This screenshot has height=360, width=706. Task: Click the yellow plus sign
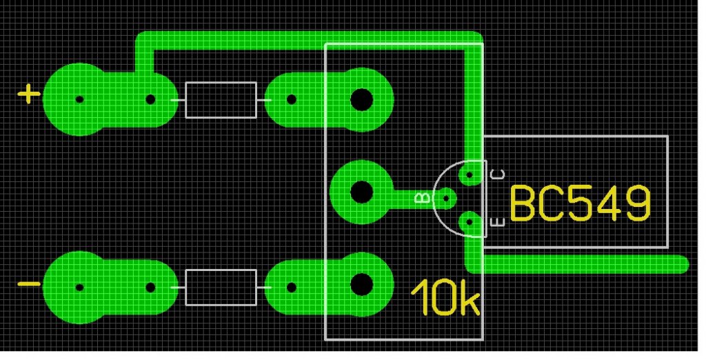pos(29,94)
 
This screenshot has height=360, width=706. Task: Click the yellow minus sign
pos(29,284)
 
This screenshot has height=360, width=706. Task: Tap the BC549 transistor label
pos(581,204)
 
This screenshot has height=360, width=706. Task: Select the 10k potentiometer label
pos(446,297)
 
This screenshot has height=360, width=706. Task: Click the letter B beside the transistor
pos(423,198)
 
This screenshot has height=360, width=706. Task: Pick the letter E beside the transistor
pos(499,222)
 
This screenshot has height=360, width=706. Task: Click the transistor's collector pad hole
pos(469,174)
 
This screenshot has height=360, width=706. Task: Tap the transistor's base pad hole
pos(446,198)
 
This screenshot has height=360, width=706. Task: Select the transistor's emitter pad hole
pos(469,221)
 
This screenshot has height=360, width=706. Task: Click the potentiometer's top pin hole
pos(361,99)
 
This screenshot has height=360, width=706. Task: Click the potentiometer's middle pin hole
pos(361,192)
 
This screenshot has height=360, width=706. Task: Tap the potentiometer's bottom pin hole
pos(361,284)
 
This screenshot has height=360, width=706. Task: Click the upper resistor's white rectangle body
pos(221,100)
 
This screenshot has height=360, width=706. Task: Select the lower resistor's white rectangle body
pos(221,288)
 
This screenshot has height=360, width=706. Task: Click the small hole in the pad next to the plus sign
pos(79,99)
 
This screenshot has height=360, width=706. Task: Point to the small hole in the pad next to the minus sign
pos(79,288)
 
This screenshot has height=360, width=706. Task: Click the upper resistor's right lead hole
pos(292,99)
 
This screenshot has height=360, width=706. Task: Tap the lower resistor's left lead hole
pos(151,288)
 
